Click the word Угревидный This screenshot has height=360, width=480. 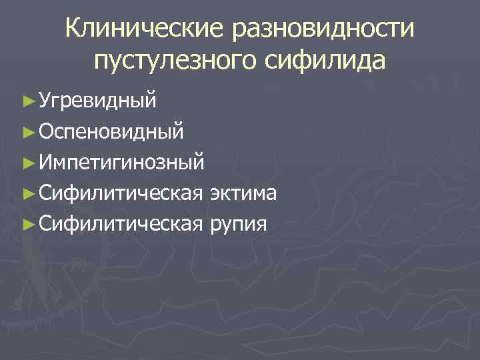98,101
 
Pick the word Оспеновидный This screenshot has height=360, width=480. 111,131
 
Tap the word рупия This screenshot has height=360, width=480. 239,224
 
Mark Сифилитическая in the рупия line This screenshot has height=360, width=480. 121,224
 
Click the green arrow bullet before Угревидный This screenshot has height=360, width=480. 27,101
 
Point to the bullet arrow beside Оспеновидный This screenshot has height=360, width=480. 27,131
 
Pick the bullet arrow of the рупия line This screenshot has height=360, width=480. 27,224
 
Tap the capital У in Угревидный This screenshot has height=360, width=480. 45,101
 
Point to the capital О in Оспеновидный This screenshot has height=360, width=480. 46,131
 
